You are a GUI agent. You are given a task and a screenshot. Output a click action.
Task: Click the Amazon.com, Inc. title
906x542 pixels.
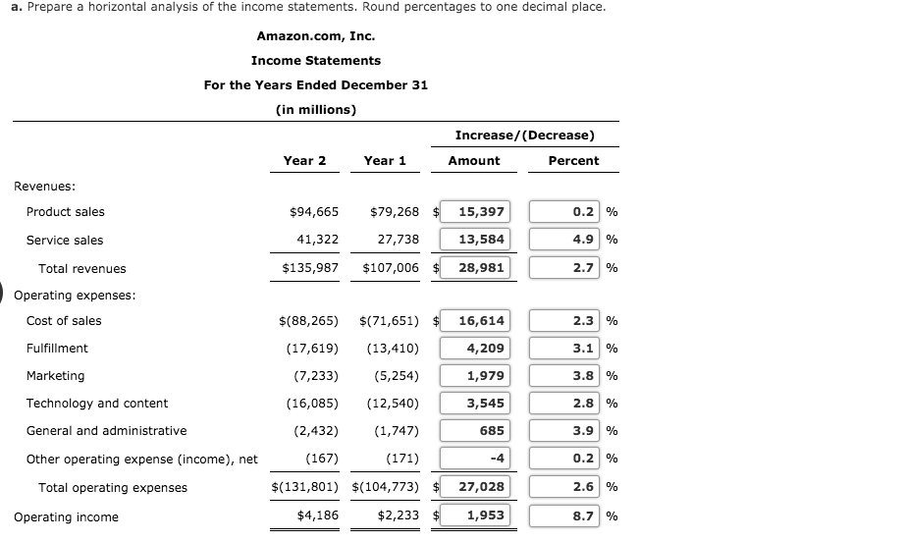pos(315,36)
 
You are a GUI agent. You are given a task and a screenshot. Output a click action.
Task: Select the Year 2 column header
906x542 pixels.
pos(304,160)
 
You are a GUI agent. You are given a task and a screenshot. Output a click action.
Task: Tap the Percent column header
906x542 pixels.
pos(573,160)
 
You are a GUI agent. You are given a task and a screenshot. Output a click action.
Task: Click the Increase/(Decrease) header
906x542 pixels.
pos(524,135)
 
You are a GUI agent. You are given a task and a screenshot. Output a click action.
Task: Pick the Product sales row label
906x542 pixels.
pos(65,211)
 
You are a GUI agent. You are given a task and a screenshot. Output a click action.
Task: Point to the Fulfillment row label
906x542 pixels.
pos(57,348)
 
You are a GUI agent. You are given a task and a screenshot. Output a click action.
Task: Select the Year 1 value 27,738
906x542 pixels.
pos(398,240)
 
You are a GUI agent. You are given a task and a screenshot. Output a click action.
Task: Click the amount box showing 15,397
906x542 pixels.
pos(475,211)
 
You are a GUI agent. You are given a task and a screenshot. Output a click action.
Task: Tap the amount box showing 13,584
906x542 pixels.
pos(475,240)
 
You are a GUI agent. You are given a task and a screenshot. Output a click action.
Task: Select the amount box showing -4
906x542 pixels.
pos(475,459)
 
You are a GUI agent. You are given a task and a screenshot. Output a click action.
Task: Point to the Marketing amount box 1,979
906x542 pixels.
pos(475,375)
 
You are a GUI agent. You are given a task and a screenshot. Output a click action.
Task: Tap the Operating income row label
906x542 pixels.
pos(66,517)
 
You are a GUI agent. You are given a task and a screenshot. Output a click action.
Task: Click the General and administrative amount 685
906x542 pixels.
pos(475,430)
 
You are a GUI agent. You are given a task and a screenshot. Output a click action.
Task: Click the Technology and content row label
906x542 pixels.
pos(97,403)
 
